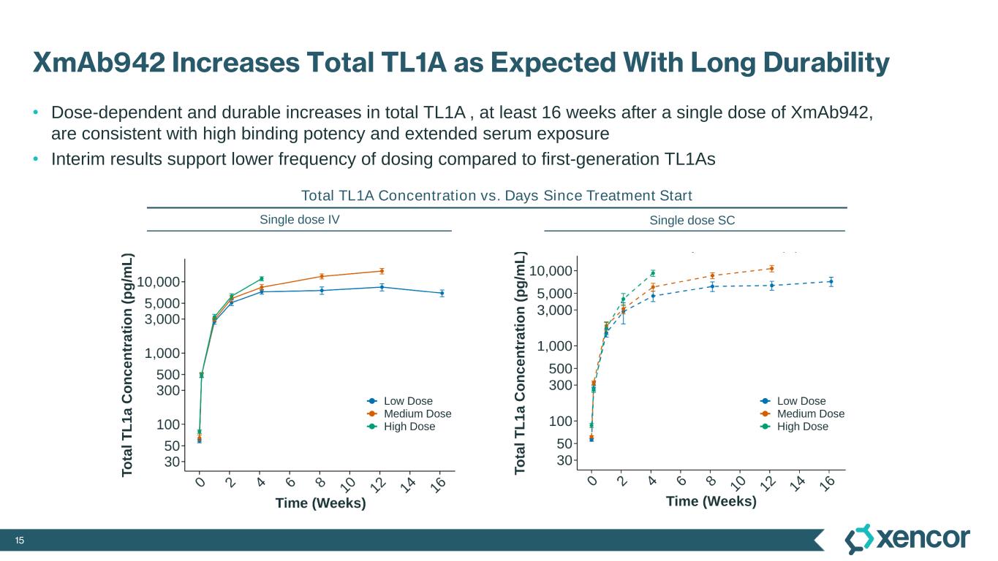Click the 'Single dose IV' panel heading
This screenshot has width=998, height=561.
tap(300, 219)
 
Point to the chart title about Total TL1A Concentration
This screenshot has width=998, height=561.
tap(496, 196)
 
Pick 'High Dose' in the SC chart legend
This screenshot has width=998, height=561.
tap(803, 427)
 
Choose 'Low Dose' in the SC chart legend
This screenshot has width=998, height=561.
tap(801, 401)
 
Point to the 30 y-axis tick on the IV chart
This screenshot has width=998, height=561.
tap(173, 462)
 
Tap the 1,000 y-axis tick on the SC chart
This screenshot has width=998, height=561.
tap(556, 346)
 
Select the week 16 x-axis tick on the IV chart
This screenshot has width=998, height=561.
tap(440, 484)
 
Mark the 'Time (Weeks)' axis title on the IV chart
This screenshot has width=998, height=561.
tap(320, 503)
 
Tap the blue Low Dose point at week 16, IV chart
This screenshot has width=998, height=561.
tap(442, 293)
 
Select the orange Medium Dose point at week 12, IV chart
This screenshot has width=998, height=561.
tap(382, 271)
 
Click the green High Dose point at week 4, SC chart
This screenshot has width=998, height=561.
tap(653, 273)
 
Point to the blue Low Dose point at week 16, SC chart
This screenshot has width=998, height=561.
tap(831, 281)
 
